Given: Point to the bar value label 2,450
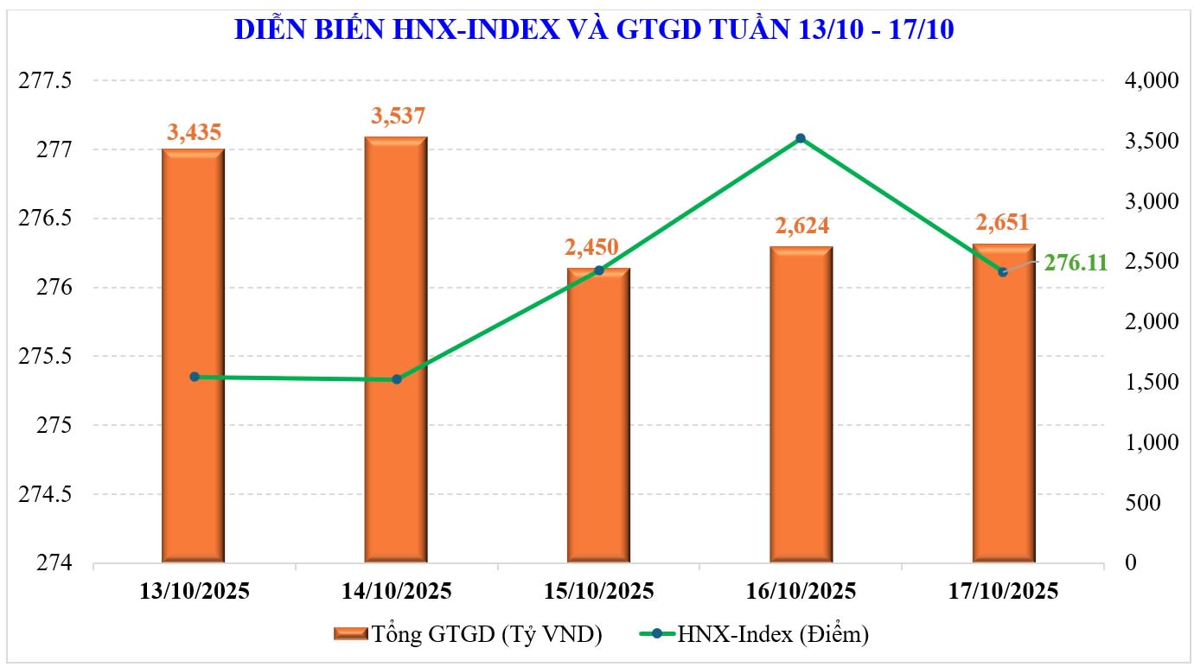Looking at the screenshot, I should point(591,248).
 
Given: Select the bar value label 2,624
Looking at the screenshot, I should point(801,226).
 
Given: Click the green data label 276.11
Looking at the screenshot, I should point(1076,263).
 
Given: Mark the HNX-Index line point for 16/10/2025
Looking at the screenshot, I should point(801,138).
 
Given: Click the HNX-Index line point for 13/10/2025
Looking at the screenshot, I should point(195,377).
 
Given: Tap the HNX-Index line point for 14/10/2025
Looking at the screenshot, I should point(397,379).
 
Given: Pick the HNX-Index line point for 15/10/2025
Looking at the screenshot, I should point(598,270).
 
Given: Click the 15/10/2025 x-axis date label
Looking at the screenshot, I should point(599,592).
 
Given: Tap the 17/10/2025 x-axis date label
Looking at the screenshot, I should point(1003,592).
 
